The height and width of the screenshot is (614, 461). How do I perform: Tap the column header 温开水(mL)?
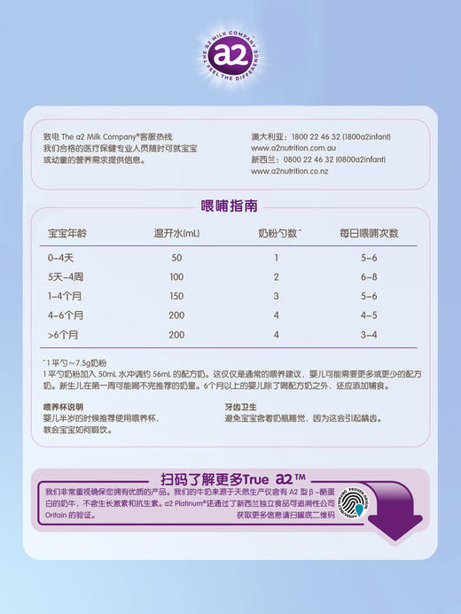pos(177,234)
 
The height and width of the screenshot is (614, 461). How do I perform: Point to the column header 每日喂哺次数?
pos(369,234)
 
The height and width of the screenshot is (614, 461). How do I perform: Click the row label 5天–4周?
pos(65,277)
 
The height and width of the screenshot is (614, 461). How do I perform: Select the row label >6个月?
pos(64,335)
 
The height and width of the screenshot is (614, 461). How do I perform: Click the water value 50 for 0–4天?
pos(176,258)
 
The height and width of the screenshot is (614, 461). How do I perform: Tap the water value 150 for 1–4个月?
pos(176,296)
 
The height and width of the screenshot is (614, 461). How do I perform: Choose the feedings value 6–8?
pos(368,277)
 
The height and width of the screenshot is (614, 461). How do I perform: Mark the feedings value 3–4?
pos(368,335)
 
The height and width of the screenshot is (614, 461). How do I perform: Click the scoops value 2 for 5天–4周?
pos(276,277)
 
